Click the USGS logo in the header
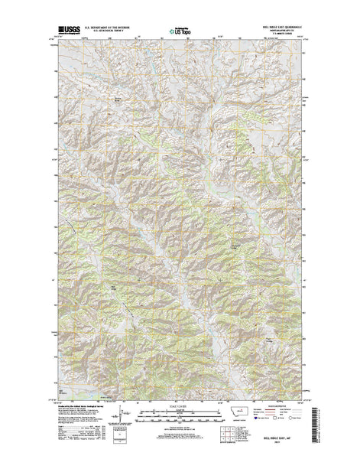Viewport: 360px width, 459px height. click(x=65, y=33)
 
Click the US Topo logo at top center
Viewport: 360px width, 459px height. click(x=180, y=34)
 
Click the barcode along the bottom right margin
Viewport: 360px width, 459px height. click(x=316, y=433)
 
